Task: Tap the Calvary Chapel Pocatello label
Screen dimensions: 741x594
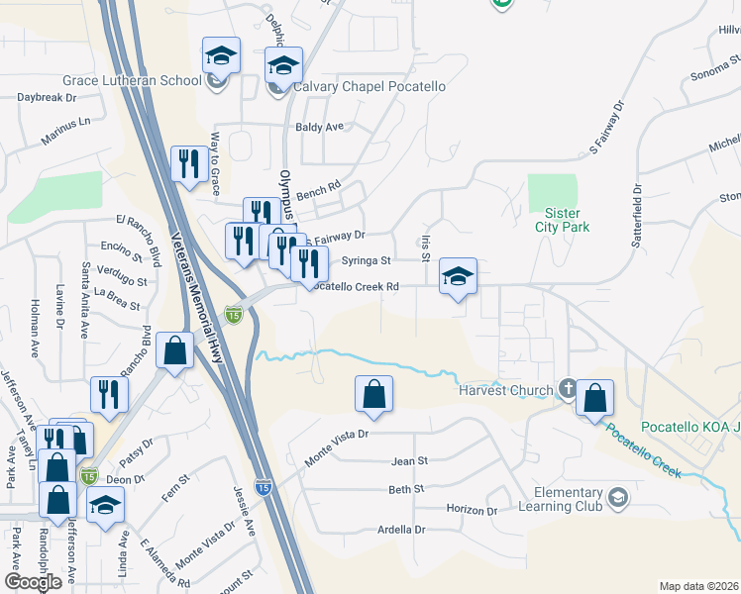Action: click(367, 86)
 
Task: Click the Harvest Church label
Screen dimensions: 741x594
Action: click(504, 389)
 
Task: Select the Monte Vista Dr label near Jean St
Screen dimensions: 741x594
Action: click(337, 445)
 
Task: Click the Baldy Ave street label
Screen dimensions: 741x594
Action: click(319, 127)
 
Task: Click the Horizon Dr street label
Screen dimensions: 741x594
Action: click(472, 510)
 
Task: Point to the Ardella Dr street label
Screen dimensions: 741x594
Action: click(401, 530)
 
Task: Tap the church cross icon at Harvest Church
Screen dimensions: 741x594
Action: click(567, 388)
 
